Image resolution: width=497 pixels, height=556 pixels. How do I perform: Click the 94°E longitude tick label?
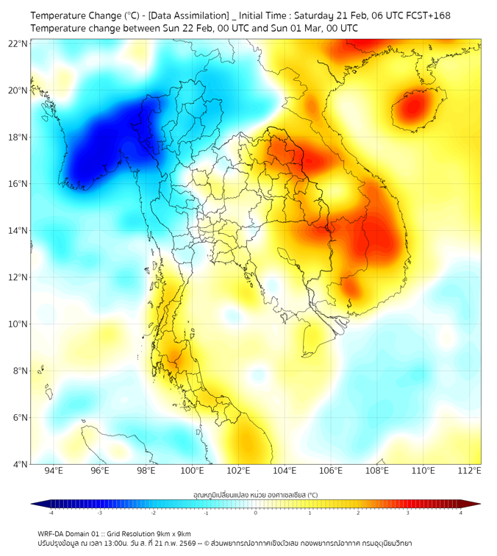[x=54, y=471]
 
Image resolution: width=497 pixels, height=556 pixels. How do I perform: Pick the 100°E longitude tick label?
[x=193, y=471]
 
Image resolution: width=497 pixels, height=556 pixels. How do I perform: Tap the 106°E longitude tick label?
[x=332, y=471]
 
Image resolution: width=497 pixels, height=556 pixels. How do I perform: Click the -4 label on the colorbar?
[x=51, y=513]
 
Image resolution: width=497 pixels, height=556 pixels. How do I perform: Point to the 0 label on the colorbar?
[x=256, y=513]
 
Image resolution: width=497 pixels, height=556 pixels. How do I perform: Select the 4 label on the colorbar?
[x=461, y=513]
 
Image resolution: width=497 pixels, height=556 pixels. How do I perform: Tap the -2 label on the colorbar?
[x=153, y=513]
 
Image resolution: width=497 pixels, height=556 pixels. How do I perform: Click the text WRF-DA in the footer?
[x=53, y=533]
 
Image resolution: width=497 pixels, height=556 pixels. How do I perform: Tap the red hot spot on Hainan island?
[x=412, y=108]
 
